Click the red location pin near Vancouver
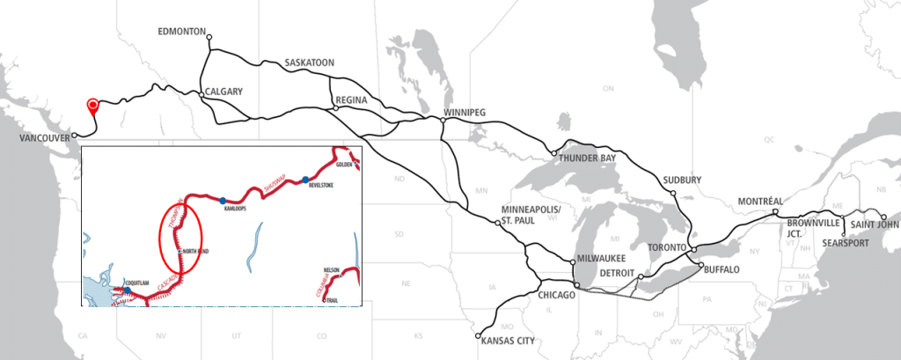[x=92, y=107]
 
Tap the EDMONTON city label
[x=181, y=31]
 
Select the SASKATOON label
[x=310, y=63]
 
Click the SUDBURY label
[x=683, y=180]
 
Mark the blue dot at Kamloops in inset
[x=223, y=200]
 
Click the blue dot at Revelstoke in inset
[x=305, y=180]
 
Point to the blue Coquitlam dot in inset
[x=127, y=290]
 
